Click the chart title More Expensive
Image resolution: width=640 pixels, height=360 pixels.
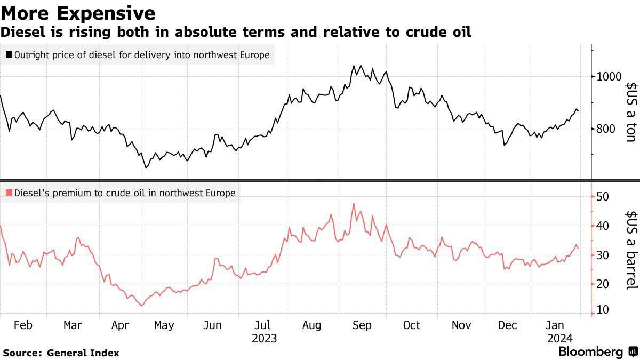click(x=78, y=13)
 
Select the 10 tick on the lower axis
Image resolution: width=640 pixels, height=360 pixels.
click(x=604, y=310)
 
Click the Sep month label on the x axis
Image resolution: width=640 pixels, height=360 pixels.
click(x=362, y=325)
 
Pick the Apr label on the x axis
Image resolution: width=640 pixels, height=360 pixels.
click(x=121, y=325)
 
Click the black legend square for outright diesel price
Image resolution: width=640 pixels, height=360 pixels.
click(x=9, y=54)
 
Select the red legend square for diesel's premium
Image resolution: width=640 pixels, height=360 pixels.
click(x=9, y=193)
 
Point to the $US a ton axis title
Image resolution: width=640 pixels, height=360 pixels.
click(x=630, y=111)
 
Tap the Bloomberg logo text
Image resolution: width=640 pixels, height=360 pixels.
click(x=590, y=352)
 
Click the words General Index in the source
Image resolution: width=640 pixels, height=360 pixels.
click(x=83, y=353)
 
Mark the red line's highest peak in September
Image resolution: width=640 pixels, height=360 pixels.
click(x=354, y=203)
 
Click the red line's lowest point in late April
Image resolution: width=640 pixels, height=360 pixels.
click(x=141, y=306)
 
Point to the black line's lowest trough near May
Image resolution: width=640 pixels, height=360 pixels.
click(x=146, y=168)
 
